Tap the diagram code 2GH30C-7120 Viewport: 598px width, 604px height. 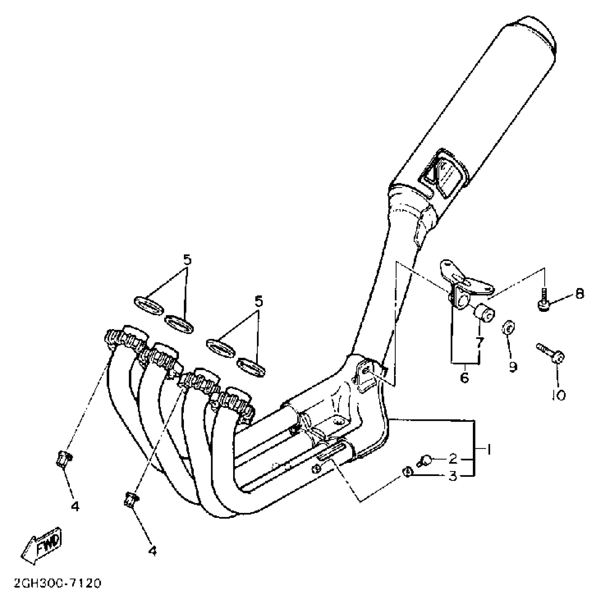[58, 584]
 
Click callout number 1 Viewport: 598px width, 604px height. [489, 449]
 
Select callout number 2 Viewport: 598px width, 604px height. [453, 458]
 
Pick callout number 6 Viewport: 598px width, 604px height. [464, 378]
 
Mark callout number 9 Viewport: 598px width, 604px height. [513, 367]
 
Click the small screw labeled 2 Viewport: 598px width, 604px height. [424, 461]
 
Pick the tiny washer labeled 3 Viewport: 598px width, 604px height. [407, 472]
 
